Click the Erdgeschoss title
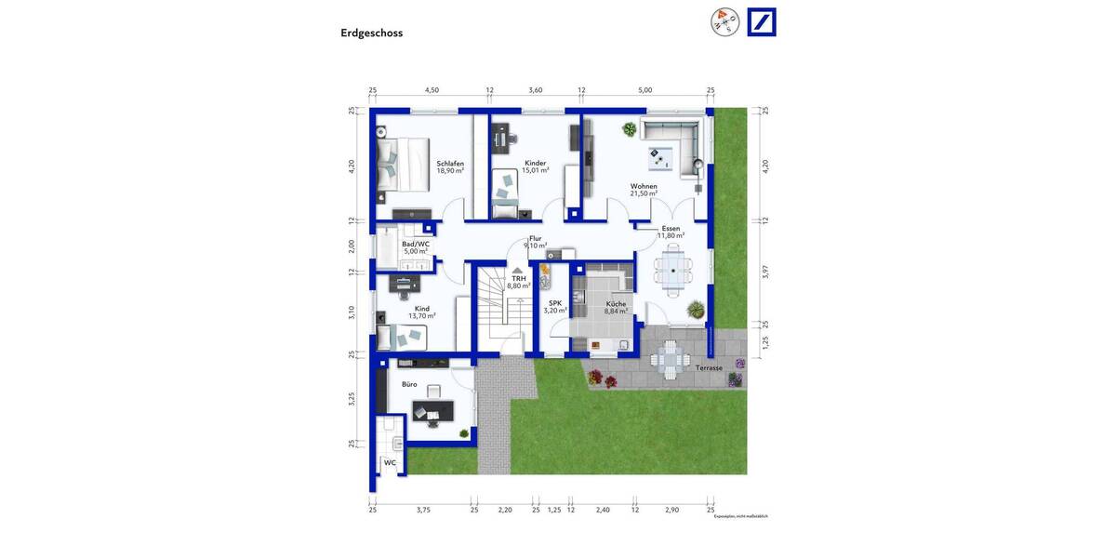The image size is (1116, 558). (x=371, y=33)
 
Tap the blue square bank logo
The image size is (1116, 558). (x=762, y=22)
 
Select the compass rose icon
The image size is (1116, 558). (x=724, y=21)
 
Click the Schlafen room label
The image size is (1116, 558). (x=450, y=164)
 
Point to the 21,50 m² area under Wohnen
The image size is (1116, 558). (x=644, y=193)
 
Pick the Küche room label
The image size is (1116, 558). (x=616, y=304)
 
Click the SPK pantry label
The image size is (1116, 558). (x=555, y=303)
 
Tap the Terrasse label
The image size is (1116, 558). (x=709, y=368)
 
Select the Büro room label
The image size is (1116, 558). (x=409, y=384)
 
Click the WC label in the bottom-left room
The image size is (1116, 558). (x=390, y=462)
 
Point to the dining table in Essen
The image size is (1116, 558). (x=671, y=270)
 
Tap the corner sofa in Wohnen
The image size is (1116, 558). (x=671, y=146)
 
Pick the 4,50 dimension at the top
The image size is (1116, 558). (x=432, y=90)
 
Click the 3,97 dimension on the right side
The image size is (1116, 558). (x=765, y=272)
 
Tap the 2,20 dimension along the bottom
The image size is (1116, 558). (x=505, y=510)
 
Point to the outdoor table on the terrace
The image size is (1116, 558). (x=670, y=359)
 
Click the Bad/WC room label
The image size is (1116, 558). (x=416, y=245)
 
